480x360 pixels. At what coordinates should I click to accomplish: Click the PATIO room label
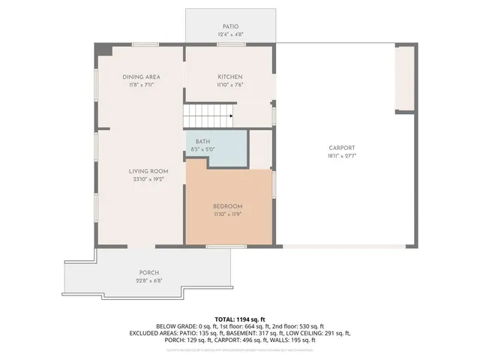pyautogui.click(x=229, y=26)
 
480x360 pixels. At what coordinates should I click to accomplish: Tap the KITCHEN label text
pyautogui.click(x=229, y=76)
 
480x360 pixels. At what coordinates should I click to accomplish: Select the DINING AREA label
pyautogui.click(x=141, y=76)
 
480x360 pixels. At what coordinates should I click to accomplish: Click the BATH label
pyautogui.click(x=202, y=141)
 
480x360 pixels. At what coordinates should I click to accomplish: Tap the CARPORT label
pyautogui.click(x=341, y=148)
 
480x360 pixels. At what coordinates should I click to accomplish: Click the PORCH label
pyautogui.click(x=148, y=272)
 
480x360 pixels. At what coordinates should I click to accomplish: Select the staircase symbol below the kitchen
pyautogui.click(x=207, y=116)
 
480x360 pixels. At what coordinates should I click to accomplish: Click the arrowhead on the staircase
pyautogui.click(x=231, y=116)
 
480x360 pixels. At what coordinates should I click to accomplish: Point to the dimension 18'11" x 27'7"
pyautogui.click(x=341, y=156)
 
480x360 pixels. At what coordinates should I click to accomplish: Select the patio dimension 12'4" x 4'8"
pyautogui.click(x=229, y=34)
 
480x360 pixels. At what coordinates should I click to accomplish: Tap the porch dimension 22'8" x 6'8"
pyautogui.click(x=148, y=280)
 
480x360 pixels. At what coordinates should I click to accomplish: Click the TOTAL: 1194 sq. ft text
pyautogui.click(x=239, y=319)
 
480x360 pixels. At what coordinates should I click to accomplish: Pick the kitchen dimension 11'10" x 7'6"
pyautogui.click(x=229, y=85)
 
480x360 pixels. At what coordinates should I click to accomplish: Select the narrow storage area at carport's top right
pyautogui.click(x=405, y=77)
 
